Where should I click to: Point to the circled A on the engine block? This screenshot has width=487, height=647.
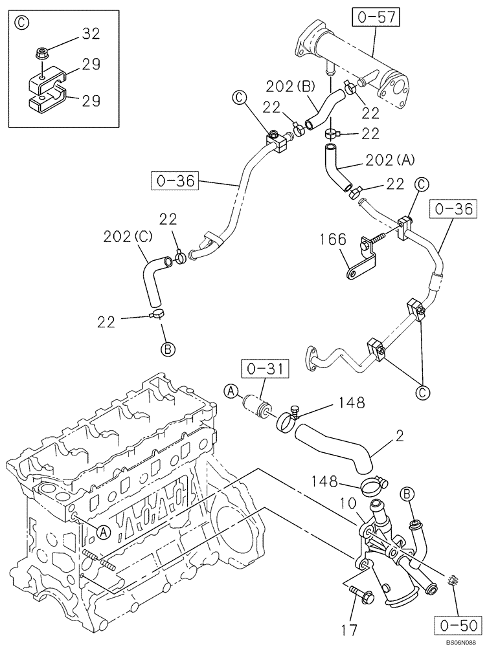pyautogui.click(x=101, y=532)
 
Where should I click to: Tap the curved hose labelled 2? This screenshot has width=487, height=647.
pyautogui.click(x=334, y=447)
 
